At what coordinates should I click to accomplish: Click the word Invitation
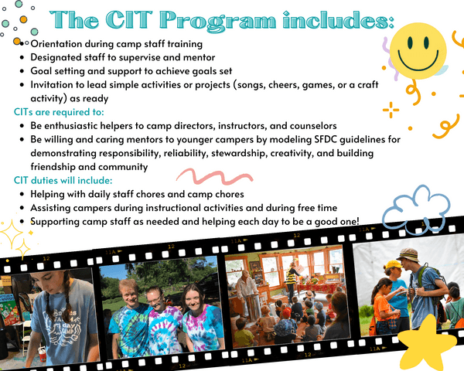(55, 84)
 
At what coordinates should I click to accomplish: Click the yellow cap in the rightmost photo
(394, 264)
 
